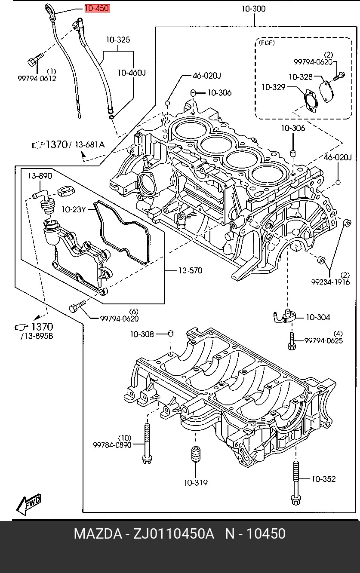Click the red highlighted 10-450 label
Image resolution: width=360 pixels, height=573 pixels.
[x=97, y=9]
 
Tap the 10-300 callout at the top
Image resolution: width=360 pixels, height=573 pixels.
[x=254, y=9]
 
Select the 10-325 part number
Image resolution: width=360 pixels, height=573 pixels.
[x=118, y=40]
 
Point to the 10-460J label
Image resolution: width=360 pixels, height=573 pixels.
[x=132, y=73]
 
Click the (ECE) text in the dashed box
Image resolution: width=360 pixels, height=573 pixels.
[x=266, y=43]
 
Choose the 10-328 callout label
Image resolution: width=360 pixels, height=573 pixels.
[x=301, y=77]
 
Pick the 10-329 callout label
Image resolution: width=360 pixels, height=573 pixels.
[x=273, y=88]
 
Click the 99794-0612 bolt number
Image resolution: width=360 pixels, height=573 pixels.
[x=37, y=78]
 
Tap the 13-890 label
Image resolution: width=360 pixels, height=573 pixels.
[x=40, y=176]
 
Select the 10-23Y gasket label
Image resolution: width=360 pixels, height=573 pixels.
[x=74, y=209]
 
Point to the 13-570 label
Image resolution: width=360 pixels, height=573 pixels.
[x=191, y=270]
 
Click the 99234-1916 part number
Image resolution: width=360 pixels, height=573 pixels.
[x=330, y=282]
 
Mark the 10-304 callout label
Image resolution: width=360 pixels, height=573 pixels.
[x=318, y=317]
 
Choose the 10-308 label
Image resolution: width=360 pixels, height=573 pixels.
[x=142, y=334]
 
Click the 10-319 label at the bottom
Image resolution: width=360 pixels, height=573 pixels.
[x=196, y=482]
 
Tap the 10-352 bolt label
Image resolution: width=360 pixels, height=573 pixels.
[x=324, y=478]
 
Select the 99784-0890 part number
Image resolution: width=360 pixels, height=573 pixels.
[x=112, y=445]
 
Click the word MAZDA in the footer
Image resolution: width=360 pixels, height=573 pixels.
[x=98, y=534]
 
